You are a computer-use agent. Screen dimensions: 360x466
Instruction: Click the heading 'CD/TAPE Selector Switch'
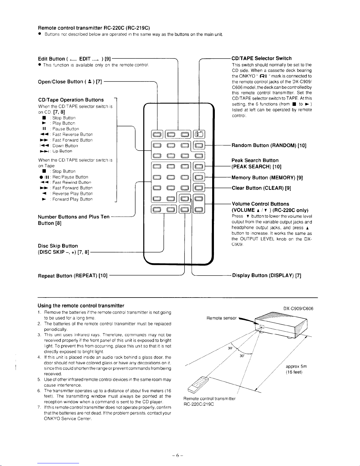(262, 58)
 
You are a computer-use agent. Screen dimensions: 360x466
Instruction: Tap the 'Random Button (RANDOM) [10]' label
(269, 146)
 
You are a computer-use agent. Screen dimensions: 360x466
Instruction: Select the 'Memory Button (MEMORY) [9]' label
(267, 178)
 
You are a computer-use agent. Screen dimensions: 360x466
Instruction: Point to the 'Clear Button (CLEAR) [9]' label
(261, 188)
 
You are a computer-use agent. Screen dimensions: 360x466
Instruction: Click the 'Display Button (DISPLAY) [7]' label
(267, 275)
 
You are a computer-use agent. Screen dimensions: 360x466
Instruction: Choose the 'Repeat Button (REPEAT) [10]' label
(73, 276)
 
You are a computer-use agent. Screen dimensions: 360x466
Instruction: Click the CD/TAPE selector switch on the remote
(199, 134)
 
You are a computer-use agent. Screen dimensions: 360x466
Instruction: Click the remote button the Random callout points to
(199, 146)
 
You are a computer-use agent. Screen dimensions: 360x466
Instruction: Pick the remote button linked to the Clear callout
(199, 188)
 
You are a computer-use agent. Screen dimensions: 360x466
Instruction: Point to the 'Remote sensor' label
(221, 318)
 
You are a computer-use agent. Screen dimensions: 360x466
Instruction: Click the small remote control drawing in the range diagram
(198, 385)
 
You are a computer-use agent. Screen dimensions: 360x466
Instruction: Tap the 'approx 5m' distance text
(296, 366)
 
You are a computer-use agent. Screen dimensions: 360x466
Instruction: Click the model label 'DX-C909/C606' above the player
(298, 309)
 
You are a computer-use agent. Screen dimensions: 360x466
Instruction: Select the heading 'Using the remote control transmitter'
(81, 305)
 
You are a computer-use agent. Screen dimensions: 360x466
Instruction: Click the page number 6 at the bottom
(178, 455)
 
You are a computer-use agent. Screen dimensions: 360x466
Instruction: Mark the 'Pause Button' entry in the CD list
(66, 129)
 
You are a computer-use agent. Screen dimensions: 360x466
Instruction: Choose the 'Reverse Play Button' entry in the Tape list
(72, 194)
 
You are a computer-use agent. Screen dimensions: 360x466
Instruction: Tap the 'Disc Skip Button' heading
(58, 246)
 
